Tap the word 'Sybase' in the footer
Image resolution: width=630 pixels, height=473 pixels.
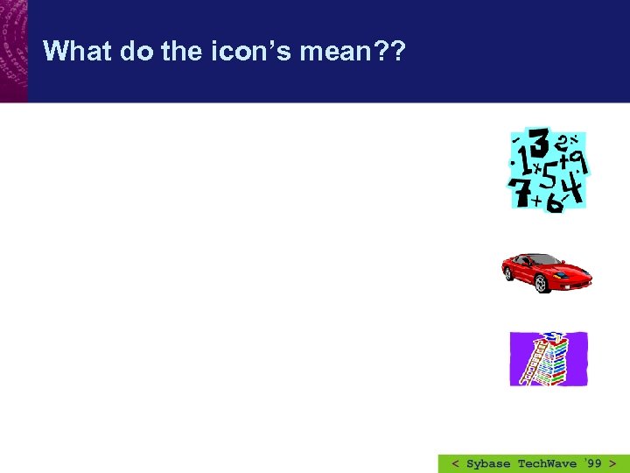489,463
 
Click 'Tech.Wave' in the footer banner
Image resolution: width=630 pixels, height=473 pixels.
548,463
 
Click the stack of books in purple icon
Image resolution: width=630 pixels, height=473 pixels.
553,361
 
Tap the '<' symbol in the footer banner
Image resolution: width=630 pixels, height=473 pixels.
455,463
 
